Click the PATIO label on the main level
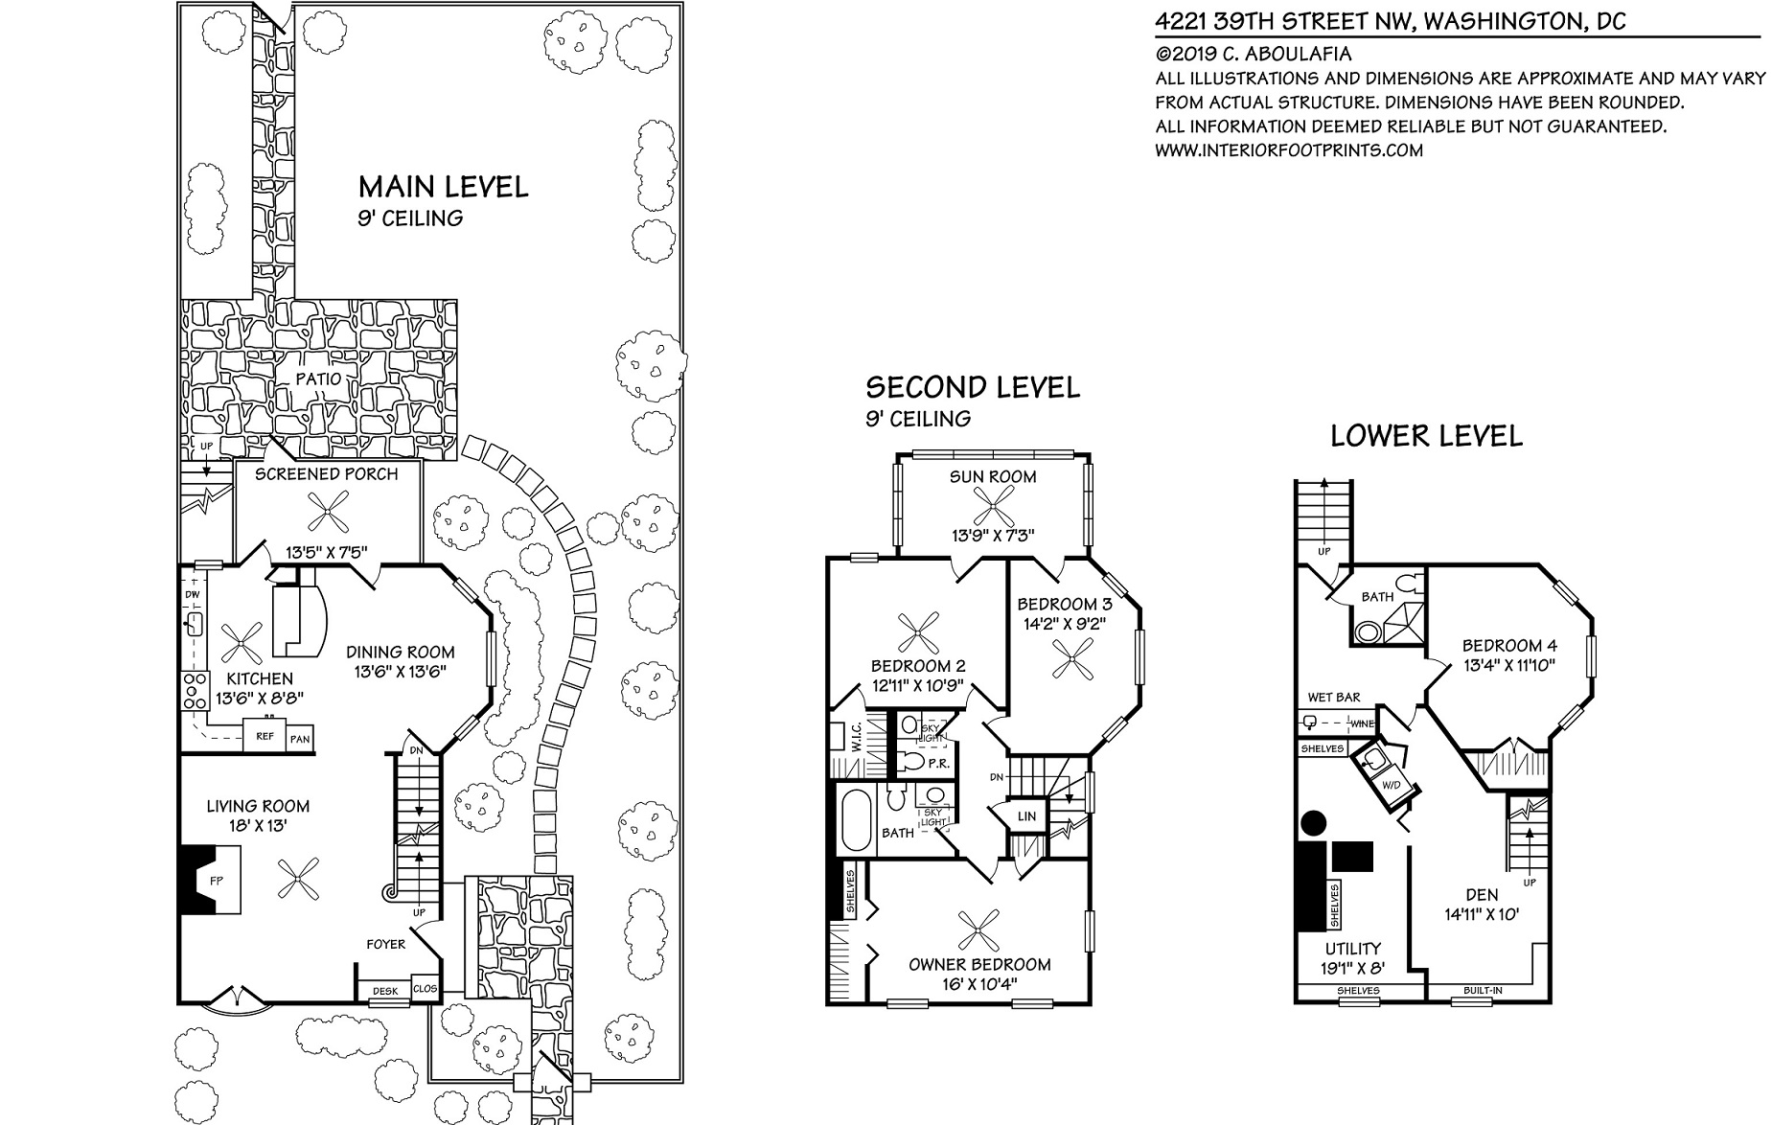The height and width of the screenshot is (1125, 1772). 318,379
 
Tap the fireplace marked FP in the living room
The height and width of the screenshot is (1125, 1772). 208,878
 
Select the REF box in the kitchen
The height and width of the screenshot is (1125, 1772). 264,736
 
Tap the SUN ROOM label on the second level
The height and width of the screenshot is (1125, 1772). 993,476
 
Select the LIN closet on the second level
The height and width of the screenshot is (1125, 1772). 1026,816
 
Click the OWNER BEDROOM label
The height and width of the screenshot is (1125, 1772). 979,964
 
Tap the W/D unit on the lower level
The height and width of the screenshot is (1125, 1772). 1388,783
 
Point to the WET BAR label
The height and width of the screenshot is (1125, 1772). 1334,698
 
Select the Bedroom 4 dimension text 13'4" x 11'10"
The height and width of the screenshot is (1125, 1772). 1508,663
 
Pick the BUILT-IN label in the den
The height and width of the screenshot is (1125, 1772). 1483,990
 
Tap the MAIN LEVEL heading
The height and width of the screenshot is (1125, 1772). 443,186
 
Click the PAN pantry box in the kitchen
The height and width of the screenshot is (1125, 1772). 300,739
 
